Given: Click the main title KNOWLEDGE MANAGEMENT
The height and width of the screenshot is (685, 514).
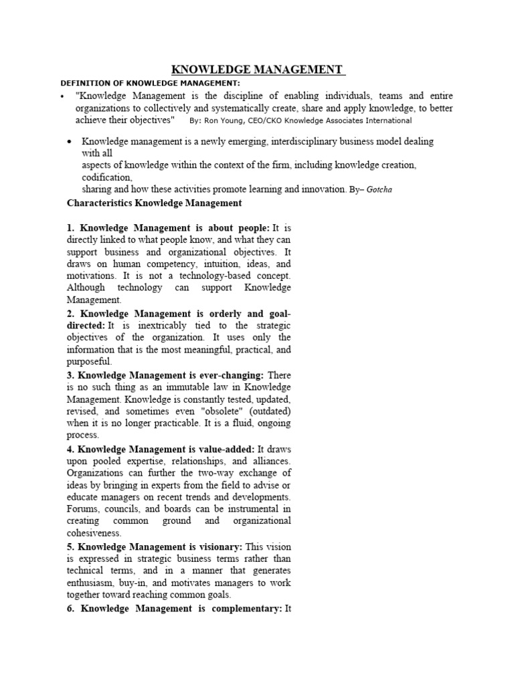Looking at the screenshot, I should [x=258, y=70].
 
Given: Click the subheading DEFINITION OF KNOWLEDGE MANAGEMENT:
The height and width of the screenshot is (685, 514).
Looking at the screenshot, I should [x=150, y=83].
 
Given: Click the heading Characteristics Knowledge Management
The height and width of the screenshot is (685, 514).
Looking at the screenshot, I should [x=155, y=203].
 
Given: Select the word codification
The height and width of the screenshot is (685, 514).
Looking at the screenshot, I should [x=106, y=177].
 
